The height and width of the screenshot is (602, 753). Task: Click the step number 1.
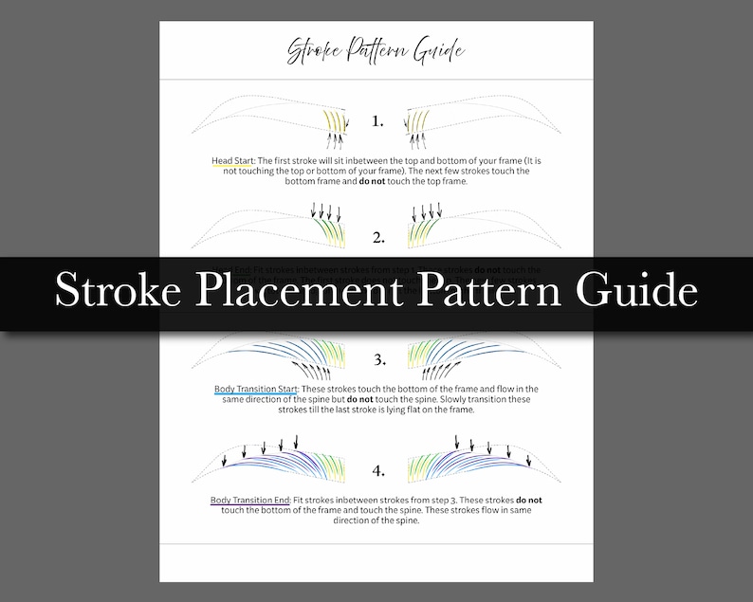pyautogui.click(x=377, y=120)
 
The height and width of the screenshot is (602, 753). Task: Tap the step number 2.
pyautogui.click(x=377, y=236)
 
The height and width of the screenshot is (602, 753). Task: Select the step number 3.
pyautogui.click(x=378, y=360)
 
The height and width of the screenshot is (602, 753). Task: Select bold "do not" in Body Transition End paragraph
pyautogui.click(x=529, y=500)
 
